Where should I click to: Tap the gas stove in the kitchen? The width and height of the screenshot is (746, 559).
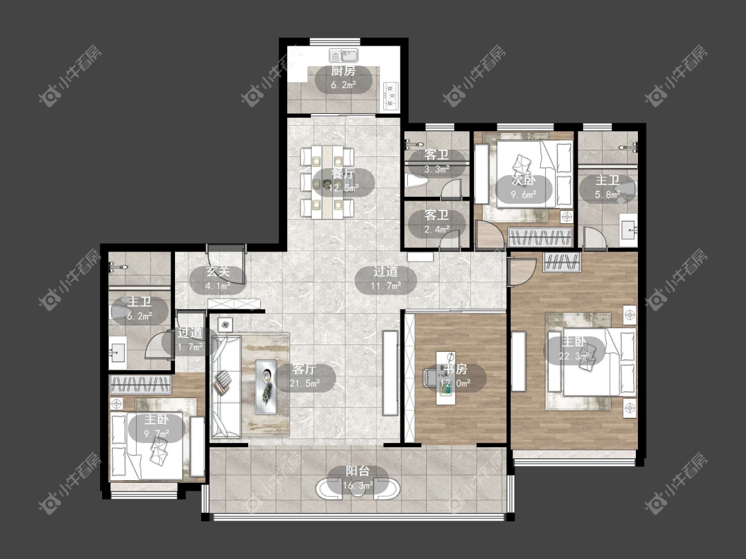391,96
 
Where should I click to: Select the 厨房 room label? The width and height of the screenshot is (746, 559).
343,72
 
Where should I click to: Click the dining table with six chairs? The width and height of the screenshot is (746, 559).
327,182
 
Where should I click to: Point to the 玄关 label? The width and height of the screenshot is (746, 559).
218,272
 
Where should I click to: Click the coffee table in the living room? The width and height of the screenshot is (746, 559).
266,386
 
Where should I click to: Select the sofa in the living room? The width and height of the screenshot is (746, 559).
226,386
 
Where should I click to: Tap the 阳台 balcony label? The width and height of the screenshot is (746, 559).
358,471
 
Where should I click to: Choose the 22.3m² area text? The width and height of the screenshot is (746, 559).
574,356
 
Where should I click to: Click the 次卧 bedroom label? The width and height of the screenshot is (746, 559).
523,181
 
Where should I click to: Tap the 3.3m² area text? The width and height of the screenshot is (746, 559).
437,169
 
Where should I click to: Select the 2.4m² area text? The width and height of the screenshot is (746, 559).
437,229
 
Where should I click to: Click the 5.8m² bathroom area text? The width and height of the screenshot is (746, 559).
607,194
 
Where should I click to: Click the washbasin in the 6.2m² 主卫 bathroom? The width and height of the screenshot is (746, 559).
117,352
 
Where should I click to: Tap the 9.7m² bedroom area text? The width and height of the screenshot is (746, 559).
156,434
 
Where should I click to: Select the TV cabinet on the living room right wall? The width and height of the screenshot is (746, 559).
391,373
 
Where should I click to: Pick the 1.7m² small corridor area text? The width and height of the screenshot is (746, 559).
190,347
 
